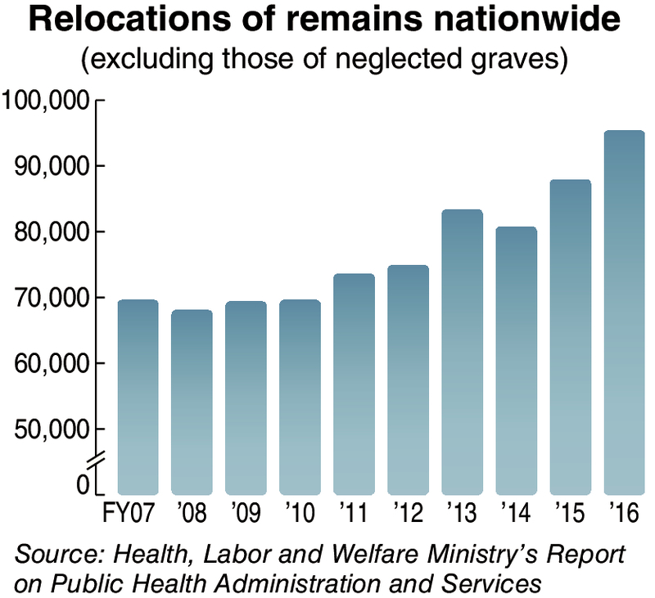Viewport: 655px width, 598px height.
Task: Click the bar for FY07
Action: [x=138, y=397]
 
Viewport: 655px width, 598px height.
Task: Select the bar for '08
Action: [x=192, y=402]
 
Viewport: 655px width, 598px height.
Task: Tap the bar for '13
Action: [x=462, y=352]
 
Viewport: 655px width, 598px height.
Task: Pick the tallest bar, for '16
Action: [x=624, y=312]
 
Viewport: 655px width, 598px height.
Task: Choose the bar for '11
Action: [x=354, y=384]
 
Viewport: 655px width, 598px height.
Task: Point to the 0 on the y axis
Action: [x=82, y=485]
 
